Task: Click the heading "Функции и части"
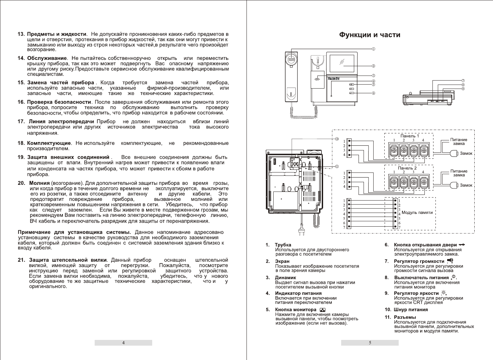[370, 35]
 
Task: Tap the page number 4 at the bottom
[123, 343]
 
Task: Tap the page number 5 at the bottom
[370, 343]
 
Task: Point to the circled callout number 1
[373, 49]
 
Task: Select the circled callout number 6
[373, 93]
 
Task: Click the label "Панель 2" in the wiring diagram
[407, 168]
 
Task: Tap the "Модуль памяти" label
[417, 213]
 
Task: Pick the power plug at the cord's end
[301, 232]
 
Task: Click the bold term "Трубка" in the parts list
[283, 245]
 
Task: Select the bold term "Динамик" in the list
[285, 277]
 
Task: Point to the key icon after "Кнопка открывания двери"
[462, 245]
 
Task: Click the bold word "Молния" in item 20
[39, 183]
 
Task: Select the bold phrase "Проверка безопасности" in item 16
[59, 102]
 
